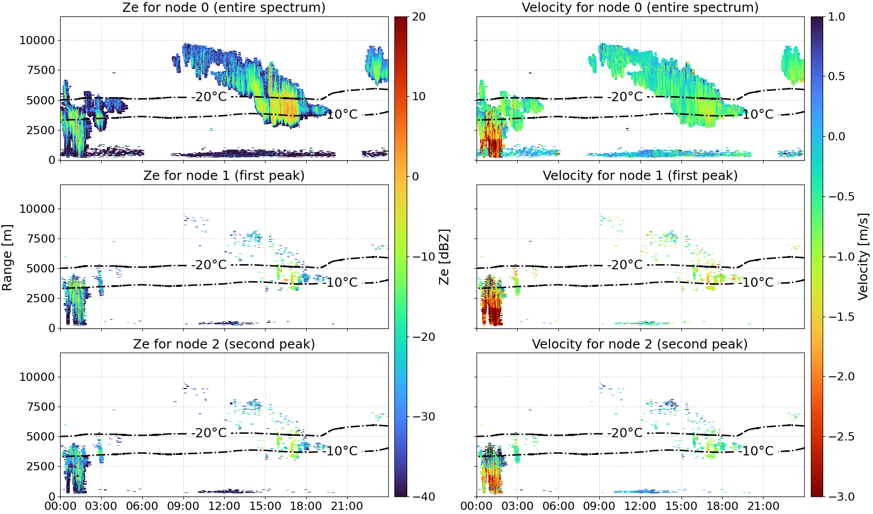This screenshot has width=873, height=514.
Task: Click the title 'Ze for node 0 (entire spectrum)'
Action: pyautogui.click(x=224, y=7)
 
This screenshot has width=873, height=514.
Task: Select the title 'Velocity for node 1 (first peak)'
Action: pyautogui.click(x=640, y=175)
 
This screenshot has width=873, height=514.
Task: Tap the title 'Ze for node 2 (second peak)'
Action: pyautogui.click(x=224, y=344)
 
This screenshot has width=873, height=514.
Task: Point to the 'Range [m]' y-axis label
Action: pyautogui.click(x=7, y=257)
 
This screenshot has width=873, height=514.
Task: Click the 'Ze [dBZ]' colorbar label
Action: pyautogui.click(x=444, y=256)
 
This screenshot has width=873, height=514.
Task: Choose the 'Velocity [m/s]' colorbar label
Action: pyautogui.click(x=864, y=256)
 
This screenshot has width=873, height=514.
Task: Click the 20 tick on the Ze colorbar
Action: pyautogui.click(x=419, y=17)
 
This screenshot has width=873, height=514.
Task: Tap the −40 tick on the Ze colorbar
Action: pyautogui.click(x=423, y=497)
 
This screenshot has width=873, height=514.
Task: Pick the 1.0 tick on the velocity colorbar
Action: pyautogui.click(x=837, y=17)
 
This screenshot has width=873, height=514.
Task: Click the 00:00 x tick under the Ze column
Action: pyautogui.click(x=61, y=506)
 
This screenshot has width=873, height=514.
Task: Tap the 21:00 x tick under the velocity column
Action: pyautogui.click(x=763, y=506)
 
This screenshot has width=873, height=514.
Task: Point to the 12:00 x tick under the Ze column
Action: pyautogui.click(x=224, y=506)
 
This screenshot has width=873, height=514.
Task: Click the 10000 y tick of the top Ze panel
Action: pyautogui.click(x=37, y=40)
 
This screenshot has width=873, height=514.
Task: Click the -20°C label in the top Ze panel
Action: pyautogui.click(x=209, y=97)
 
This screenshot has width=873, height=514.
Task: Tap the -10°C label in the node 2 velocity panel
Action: pyautogui.click(x=756, y=451)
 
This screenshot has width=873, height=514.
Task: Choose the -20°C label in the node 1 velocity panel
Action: pyautogui.click(x=625, y=265)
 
